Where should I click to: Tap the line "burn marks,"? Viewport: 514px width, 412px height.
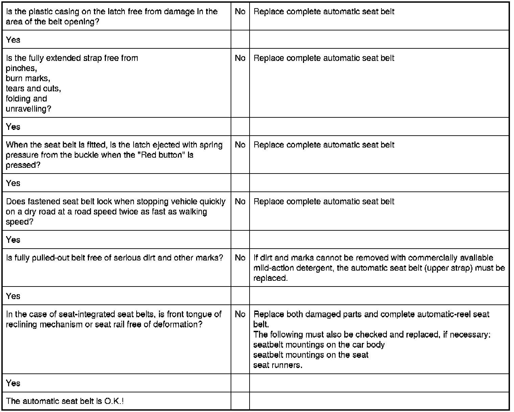pyautogui.click(x=28, y=78)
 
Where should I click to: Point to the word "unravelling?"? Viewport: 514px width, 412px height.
pyautogui.click(x=28, y=109)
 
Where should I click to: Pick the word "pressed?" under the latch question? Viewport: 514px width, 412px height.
pyautogui.click(x=21, y=165)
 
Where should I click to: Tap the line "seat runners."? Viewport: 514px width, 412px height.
pyautogui.click(x=278, y=365)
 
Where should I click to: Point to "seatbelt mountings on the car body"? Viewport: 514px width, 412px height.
pyautogui.click(x=319, y=345)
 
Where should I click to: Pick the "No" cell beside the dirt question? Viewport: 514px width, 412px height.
pyautogui.click(x=240, y=258)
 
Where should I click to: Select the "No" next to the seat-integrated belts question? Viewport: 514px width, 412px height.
pyautogui.click(x=240, y=314)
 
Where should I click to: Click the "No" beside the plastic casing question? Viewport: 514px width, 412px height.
pyautogui.click(x=240, y=12)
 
